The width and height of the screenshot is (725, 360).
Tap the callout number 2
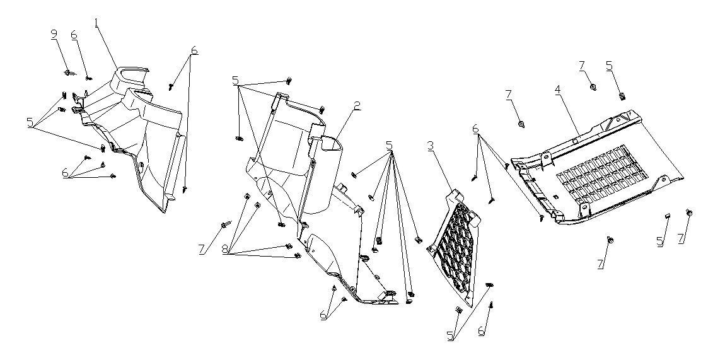coord(356,106)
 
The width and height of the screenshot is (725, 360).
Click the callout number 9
coord(54,35)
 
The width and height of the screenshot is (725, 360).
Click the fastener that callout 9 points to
coord(69,73)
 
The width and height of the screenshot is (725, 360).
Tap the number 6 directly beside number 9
coord(74,35)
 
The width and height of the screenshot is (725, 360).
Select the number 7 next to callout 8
coord(202,250)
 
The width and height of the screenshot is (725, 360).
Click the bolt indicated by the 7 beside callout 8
coord(226,225)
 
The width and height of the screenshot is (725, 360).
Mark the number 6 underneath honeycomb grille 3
coord(481,332)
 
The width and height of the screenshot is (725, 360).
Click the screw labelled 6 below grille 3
coord(492,306)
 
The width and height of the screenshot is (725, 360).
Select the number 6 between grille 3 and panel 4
coord(476,131)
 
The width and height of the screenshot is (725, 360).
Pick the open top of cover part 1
coord(131,74)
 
